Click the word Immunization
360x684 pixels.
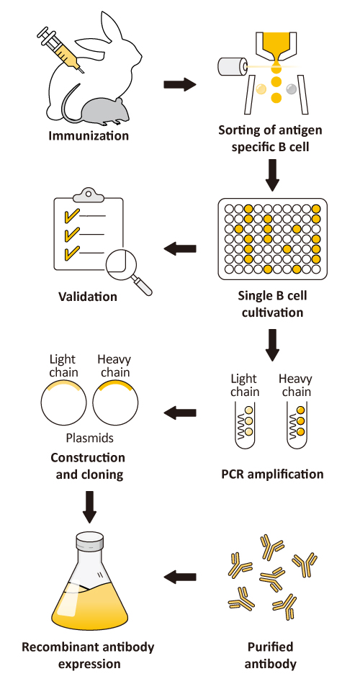tap(89, 135)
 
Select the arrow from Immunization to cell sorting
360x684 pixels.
tap(179, 84)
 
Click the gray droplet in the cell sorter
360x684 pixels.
tap(291, 89)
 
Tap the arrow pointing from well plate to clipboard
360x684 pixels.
tap(179, 248)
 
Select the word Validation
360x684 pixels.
tap(89, 296)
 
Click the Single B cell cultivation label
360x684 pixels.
tap(270, 304)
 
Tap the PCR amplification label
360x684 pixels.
tap(271, 474)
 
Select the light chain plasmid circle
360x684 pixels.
tap(64, 403)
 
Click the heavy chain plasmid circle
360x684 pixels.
tap(115, 403)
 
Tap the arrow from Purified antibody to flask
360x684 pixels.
tap(179, 577)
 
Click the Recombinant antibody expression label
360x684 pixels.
tap(88, 654)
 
